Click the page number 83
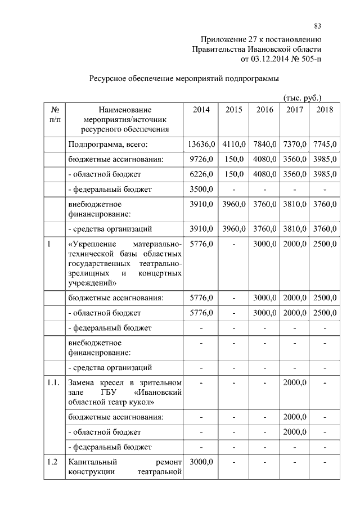click(317, 26)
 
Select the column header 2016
click(265, 110)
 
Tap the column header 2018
click(325, 110)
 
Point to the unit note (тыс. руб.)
click(302, 97)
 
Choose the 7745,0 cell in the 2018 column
click(325, 145)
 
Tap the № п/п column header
click(55, 115)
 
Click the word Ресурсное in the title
click(109, 78)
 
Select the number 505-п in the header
click(308, 58)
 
